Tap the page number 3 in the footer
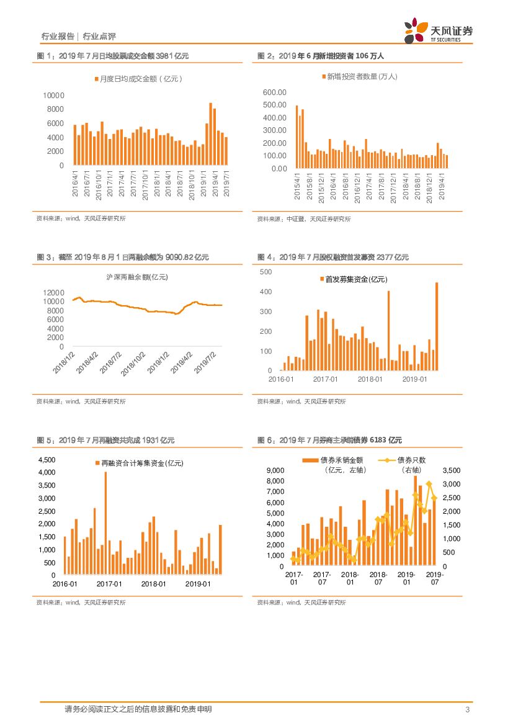click(467, 709)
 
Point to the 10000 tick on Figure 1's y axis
click(53, 95)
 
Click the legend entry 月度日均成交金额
click(138, 79)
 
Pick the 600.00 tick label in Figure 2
click(275, 92)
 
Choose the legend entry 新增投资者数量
click(360, 76)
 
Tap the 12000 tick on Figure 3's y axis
click(54, 292)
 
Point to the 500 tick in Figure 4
click(265, 272)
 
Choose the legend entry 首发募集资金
click(353, 280)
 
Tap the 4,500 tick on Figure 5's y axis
click(47, 460)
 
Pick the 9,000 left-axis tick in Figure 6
click(275, 470)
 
